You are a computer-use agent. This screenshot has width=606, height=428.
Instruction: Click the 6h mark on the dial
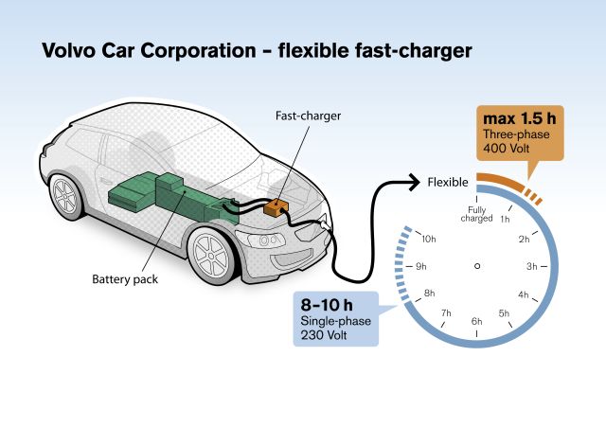(x=477, y=323)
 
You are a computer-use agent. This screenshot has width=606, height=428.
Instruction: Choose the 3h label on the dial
(x=532, y=265)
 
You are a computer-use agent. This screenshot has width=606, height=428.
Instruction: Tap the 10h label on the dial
(x=428, y=239)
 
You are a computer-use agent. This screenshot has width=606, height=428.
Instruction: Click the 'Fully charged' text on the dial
(x=477, y=213)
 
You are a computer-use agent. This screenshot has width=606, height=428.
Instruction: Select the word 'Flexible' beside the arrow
(x=447, y=182)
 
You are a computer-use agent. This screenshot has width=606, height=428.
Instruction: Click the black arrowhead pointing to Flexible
(x=413, y=180)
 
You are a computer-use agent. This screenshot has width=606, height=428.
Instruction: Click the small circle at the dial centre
(x=477, y=265)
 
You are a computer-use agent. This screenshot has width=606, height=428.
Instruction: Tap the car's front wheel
(x=209, y=253)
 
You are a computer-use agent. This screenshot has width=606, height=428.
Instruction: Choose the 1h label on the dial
(x=506, y=221)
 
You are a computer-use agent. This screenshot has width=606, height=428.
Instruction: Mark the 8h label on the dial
(x=429, y=294)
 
